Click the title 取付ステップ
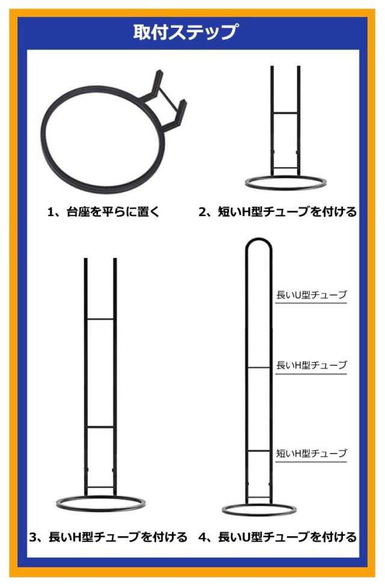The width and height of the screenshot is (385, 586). (x=185, y=32)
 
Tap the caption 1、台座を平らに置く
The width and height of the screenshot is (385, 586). (x=103, y=212)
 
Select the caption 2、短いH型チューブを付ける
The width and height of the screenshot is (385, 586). (x=278, y=212)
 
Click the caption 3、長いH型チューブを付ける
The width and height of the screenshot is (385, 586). (x=108, y=537)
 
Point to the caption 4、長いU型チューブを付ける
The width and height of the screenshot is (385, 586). (x=278, y=537)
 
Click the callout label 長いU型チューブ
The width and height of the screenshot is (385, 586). (x=312, y=295)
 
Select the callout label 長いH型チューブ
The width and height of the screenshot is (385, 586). (x=312, y=365)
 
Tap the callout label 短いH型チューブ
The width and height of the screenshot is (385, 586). (x=312, y=453)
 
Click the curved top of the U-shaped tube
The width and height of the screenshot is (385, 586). (x=259, y=239)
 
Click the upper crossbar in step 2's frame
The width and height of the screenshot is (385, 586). (x=286, y=113)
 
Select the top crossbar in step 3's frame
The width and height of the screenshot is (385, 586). (x=100, y=319)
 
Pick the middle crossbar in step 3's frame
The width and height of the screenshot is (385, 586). (x=100, y=427)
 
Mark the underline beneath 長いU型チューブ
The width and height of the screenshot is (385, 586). (x=311, y=303)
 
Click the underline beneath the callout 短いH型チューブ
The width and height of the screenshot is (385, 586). (x=311, y=461)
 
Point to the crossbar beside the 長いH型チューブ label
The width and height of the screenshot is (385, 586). (x=259, y=368)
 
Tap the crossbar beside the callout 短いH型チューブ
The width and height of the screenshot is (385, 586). (x=259, y=451)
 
